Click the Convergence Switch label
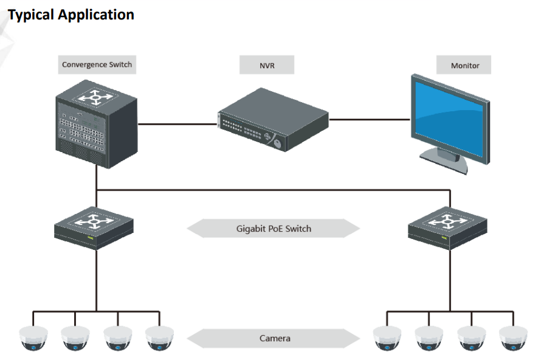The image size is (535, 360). click(x=97, y=65)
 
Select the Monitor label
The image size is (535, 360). click(x=465, y=65)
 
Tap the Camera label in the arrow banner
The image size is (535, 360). click(x=275, y=338)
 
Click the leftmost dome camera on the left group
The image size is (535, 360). click(x=33, y=338)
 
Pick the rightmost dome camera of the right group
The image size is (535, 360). click(x=514, y=338)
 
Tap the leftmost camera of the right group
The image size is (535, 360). click(x=387, y=338)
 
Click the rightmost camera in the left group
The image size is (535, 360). click(x=160, y=338)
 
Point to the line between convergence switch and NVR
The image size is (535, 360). click(x=178, y=125)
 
